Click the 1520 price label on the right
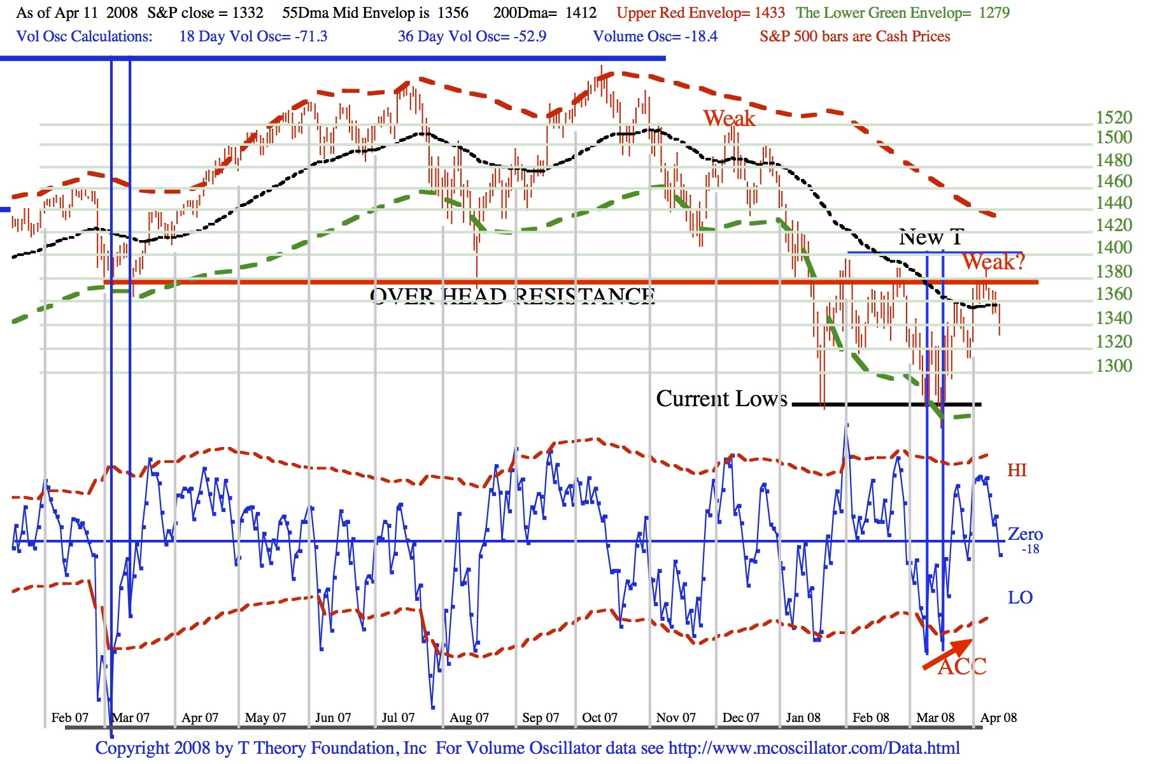pyautogui.click(x=1114, y=118)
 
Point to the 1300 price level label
pyautogui.click(x=1114, y=366)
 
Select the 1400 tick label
pyautogui.click(x=1114, y=248)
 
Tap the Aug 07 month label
pyautogui.click(x=469, y=718)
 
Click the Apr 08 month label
pyautogui.click(x=998, y=718)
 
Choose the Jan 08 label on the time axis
pyautogui.click(x=803, y=718)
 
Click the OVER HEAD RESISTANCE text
pyautogui.click(x=513, y=296)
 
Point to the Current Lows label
pyautogui.click(x=721, y=399)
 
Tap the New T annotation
pyautogui.click(x=931, y=237)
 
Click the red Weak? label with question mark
pyautogui.click(x=993, y=262)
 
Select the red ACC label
pyautogui.click(x=962, y=667)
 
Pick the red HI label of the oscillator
pyautogui.click(x=1017, y=470)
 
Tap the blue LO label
pyautogui.click(x=1020, y=598)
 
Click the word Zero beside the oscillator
pyautogui.click(x=1025, y=534)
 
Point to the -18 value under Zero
pyautogui.click(x=1030, y=549)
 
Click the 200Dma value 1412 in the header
pyautogui.click(x=581, y=13)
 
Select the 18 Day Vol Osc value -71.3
pyautogui.click(x=311, y=36)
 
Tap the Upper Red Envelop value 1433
pyautogui.click(x=770, y=13)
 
